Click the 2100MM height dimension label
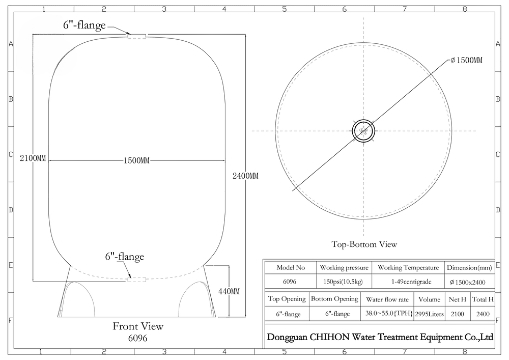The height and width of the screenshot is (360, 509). [33, 159]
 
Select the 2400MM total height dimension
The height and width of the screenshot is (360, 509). [245, 176]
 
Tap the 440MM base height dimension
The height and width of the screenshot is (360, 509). [229, 291]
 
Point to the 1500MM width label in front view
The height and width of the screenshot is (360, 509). [136, 160]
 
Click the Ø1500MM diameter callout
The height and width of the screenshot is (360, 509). [466, 61]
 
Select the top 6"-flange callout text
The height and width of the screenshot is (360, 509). [84, 25]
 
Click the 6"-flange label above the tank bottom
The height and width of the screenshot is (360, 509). [124, 257]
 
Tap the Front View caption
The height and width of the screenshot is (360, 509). [138, 326]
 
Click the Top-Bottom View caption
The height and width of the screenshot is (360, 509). [364, 244]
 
